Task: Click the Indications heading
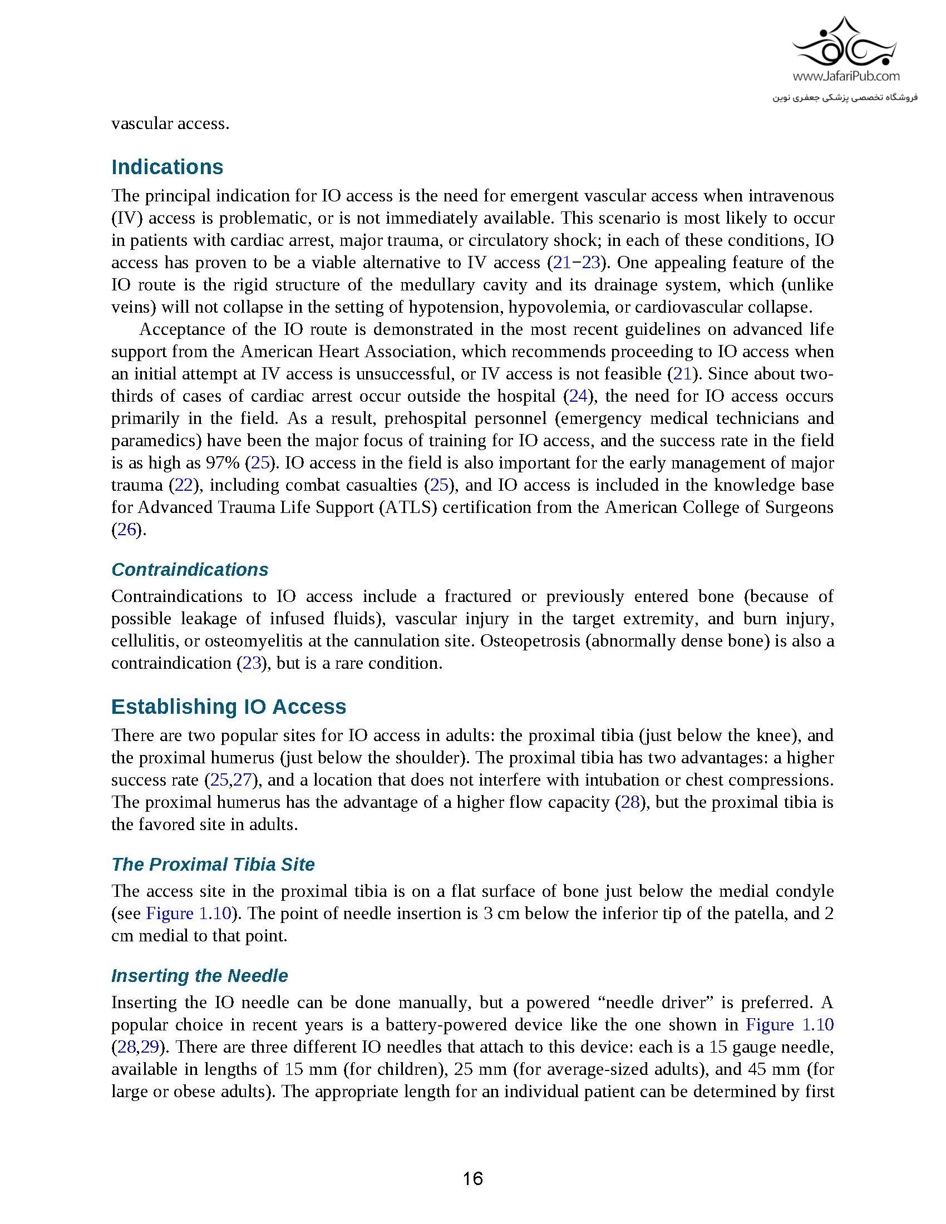tap(167, 167)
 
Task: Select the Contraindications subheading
tap(189, 569)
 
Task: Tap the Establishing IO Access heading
tap(229, 706)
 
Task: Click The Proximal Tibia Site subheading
tap(213, 864)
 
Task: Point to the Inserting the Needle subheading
tap(200, 976)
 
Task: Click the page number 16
tap(472, 1178)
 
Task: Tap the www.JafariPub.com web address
tap(846, 76)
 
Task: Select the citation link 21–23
tap(576, 262)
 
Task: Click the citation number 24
tap(578, 396)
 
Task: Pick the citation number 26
tap(126, 530)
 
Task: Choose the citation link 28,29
tap(136, 1047)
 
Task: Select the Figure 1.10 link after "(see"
tap(188, 914)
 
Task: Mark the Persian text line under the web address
tap(845, 97)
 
